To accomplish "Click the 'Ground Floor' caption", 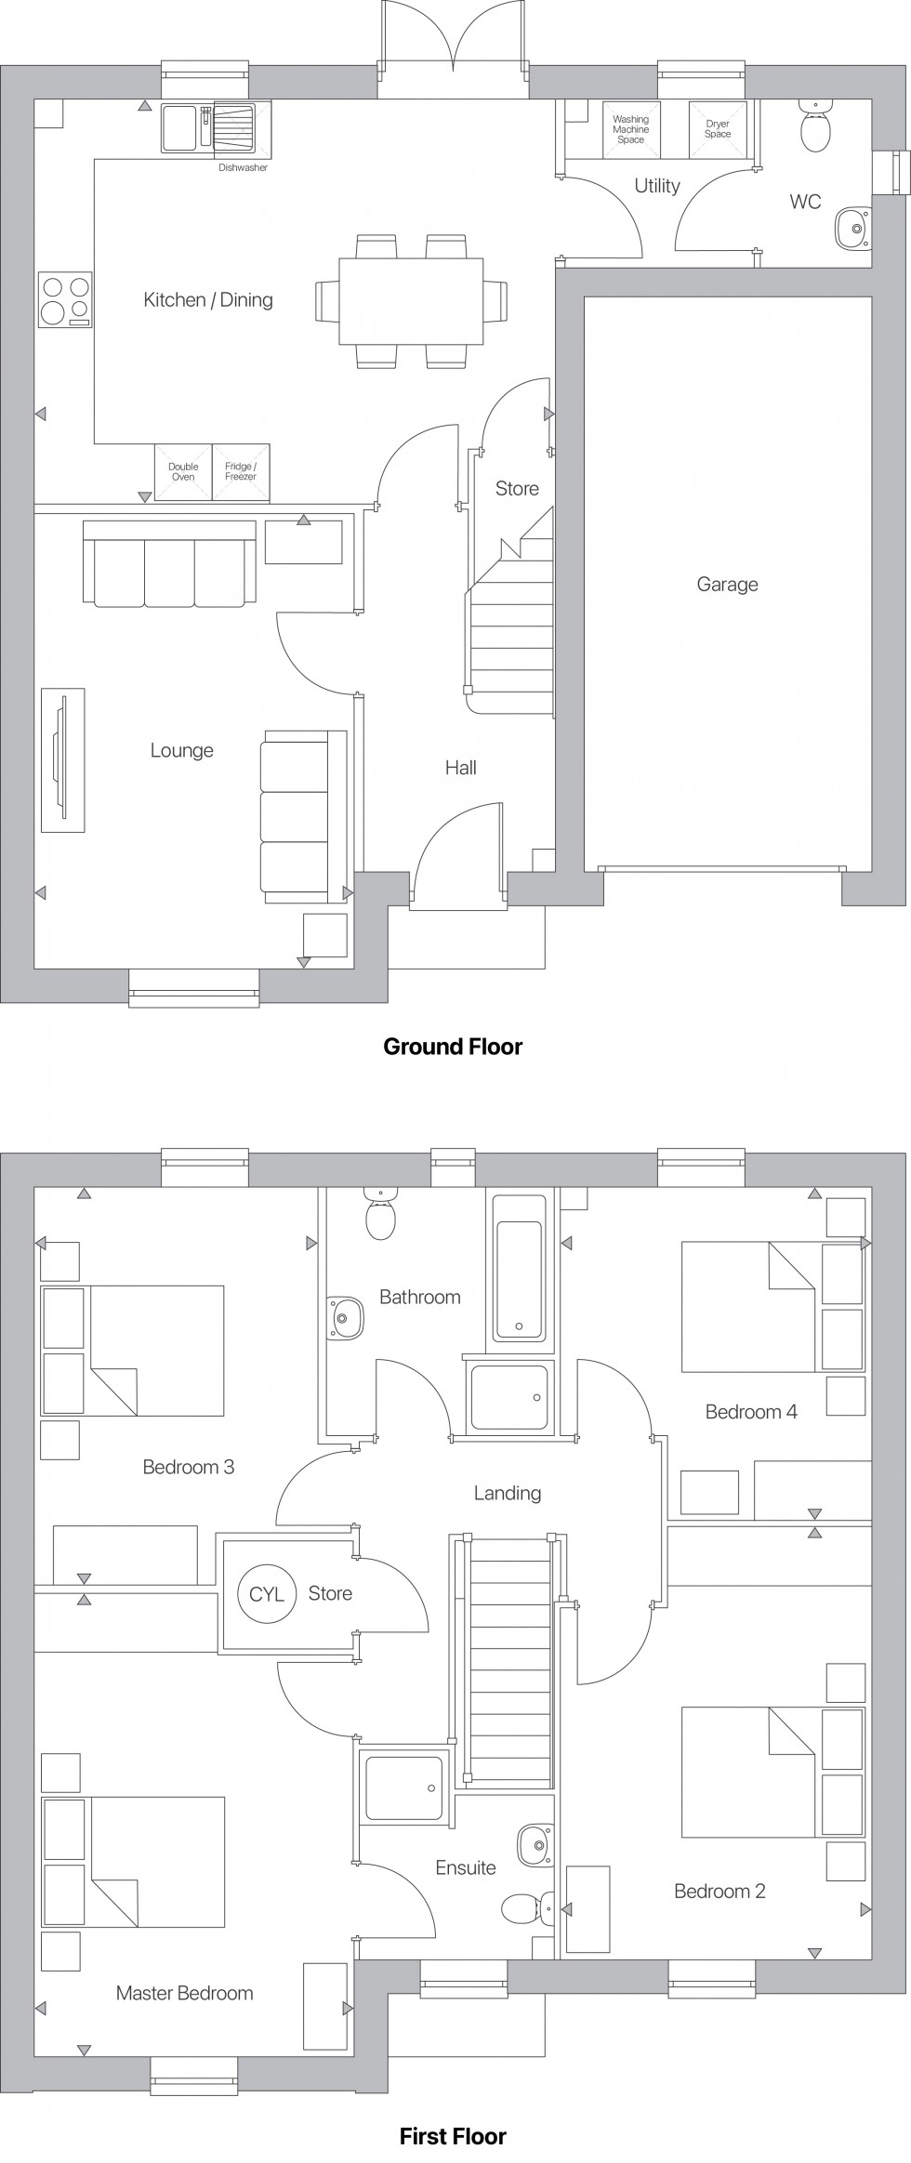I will click(453, 1047).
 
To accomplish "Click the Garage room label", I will click(727, 585).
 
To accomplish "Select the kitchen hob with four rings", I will click(65, 299).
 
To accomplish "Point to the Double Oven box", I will click(183, 472).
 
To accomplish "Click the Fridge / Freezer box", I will click(241, 472).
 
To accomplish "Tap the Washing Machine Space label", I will click(630, 128).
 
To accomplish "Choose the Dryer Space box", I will click(718, 129).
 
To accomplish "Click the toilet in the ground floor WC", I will click(815, 130).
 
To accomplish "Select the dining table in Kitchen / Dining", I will click(411, 300).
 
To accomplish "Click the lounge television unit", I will click(62, 760).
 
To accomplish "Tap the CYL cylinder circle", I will click(267, 1594).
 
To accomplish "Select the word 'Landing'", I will click(508, 1493).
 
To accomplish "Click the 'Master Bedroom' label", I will click(184, 1992).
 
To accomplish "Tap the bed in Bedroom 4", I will click(749, 1306).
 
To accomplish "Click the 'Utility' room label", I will click(657, 186).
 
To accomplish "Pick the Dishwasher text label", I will click(243, 168).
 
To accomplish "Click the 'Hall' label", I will click(461, 768).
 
